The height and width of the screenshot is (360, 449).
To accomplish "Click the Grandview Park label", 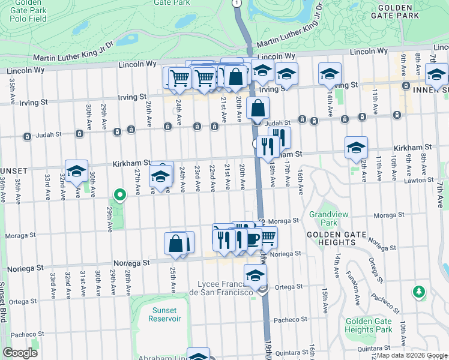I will (324, 217).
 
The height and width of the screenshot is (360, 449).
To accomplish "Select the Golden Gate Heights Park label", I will (369, 325).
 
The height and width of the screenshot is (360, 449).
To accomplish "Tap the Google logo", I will (20, 353).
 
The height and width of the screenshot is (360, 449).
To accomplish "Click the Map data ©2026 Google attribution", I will (411, 355).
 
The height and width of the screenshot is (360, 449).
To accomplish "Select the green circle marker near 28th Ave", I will (119, 194).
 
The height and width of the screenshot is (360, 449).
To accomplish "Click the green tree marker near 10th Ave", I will (418, 292).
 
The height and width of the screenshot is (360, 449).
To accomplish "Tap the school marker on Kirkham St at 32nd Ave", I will (76, 170).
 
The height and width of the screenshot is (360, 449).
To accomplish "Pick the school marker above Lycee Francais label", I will (255, 275).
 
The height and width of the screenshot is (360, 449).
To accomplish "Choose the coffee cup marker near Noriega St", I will (252, 239).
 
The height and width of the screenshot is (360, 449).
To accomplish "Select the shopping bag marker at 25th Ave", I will (176, 243).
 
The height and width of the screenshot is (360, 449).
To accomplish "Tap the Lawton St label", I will (418, 179).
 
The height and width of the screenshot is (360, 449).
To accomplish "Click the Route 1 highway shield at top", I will (237, 3).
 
